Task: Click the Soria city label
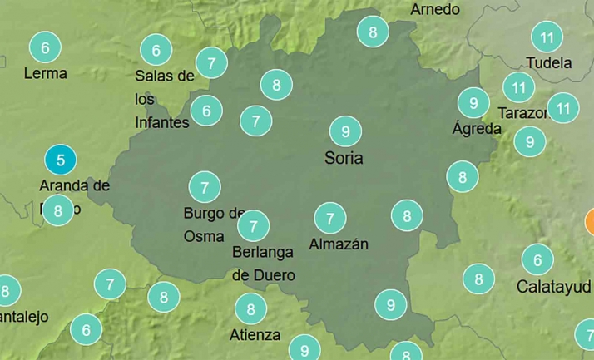(344, 157)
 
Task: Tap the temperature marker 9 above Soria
(345, 131)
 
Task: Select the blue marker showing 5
(60, 158)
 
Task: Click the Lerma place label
(45, 73)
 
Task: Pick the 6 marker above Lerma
(45, 47)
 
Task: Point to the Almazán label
(338, 244)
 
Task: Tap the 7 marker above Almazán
(330, 219)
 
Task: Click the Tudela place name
(549, 63)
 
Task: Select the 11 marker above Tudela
(547, 37)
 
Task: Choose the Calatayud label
(554, 287)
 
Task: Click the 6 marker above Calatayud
(537, 260)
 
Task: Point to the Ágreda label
(477, 129)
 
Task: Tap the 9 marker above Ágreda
(473, 103)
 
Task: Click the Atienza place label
(255, 335)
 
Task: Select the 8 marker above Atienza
(250, 309)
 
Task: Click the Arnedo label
(435, 10)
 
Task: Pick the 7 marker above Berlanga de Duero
(253, 224)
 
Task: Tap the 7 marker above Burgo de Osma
(205, 186)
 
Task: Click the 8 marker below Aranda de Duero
(57, 210)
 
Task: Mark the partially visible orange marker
(590, 221)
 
